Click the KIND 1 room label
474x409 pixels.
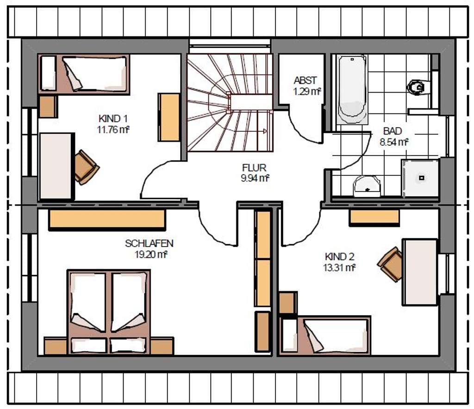click(x=113, y=118)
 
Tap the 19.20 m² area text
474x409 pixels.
click(x=151, y=254)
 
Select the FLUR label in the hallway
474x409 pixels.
click(x=254, y=167)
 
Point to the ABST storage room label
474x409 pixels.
click(x=306, y=81)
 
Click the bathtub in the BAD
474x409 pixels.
click(x=352, y=89)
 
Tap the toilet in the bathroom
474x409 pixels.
click(x=418, y=87)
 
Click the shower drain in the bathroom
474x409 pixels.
click(x=422, y=178)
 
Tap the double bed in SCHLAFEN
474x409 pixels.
click(x=108, y=312)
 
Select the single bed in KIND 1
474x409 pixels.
click(x=84, y=74)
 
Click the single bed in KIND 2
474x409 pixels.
click(x=325, y=335)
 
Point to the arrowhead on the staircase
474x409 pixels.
click(x=265, y=131)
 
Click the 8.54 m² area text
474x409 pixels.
click(x=394, y=142)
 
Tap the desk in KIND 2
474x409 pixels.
click(x=420, y=272)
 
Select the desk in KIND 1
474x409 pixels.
click(x=57, y=166)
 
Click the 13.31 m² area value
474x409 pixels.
click(x=339, y=267)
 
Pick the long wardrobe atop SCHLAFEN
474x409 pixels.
click(x=107, y=219)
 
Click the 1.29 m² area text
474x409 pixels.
click(x=307, y=91)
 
